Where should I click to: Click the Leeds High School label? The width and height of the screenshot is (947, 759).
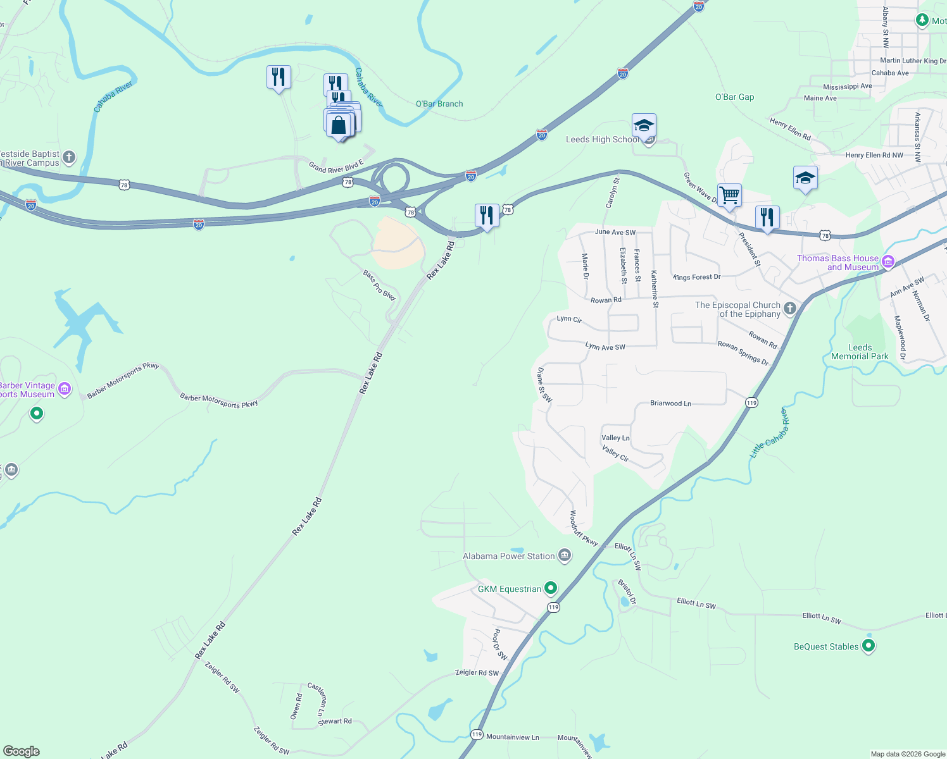(x=601, y=140)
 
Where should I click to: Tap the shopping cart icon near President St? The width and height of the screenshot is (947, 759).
(x=729, y=195)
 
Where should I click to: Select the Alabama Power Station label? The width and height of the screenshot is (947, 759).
(x=508, y=557)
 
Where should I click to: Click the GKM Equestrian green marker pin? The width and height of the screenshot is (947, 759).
(x=551, y=588)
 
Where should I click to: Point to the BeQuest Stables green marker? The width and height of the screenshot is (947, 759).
(x=869, y=646)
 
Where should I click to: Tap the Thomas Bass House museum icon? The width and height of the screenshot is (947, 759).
(x=888, y=261)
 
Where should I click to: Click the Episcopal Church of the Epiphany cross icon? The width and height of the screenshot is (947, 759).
(x=789, y=309)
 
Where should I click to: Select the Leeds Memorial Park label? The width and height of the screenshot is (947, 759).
(x=860, y=352)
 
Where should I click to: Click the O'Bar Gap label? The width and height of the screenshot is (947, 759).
(x=734, y=97)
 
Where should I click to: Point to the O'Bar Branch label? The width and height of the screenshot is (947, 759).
(x=439, y=104)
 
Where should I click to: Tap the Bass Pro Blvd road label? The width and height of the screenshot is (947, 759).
(x=379, y=285)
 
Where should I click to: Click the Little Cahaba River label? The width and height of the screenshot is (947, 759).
(x=769, y=433)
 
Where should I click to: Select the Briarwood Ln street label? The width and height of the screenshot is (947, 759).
(x=670, y=404)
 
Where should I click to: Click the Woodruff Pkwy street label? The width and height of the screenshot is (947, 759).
(x=583, y=529)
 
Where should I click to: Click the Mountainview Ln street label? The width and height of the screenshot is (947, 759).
(x=513, y=737)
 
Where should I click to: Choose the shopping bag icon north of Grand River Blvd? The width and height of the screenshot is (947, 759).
(x=339, y=125)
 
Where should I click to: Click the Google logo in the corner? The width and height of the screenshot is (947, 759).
(x=22, y=751)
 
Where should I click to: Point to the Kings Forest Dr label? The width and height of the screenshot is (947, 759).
(x=697, y=277)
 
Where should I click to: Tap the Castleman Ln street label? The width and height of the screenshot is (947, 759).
(x=317, y=699)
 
